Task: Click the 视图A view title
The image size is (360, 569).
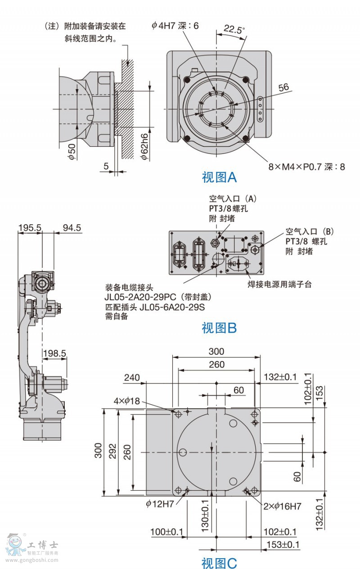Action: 219,177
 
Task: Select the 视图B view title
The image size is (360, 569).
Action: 219,328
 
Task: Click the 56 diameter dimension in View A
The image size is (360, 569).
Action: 284,87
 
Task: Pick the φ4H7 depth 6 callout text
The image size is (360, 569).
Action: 175,26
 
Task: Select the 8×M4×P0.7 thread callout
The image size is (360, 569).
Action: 306,167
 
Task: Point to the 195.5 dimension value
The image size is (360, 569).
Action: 29,228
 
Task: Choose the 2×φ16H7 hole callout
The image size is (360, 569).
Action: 282,506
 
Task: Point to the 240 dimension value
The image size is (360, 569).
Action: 132,377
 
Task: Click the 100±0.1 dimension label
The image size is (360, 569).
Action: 167,532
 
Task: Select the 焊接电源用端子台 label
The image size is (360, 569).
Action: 279,284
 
